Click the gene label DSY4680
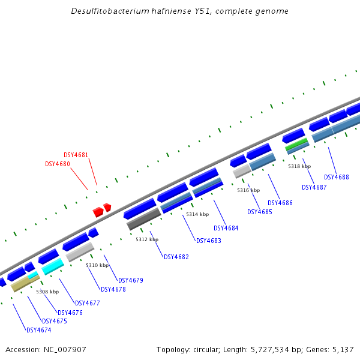(58, 164)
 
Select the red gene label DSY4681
(76, 155)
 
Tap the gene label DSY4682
(176, 257)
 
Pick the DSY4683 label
(209, 241)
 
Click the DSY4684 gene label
(226, 228)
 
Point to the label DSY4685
(260, 212)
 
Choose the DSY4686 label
(280, 203)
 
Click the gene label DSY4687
(314, 187)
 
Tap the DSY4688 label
(337, 177)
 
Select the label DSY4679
(131, 280)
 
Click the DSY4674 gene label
(38, 329)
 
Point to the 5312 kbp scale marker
(147, 239)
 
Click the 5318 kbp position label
(299, 166)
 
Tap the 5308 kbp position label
(47, 292)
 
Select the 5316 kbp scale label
(248, 190)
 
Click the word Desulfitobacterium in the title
(107, 11)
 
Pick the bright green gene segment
(296, 144)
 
